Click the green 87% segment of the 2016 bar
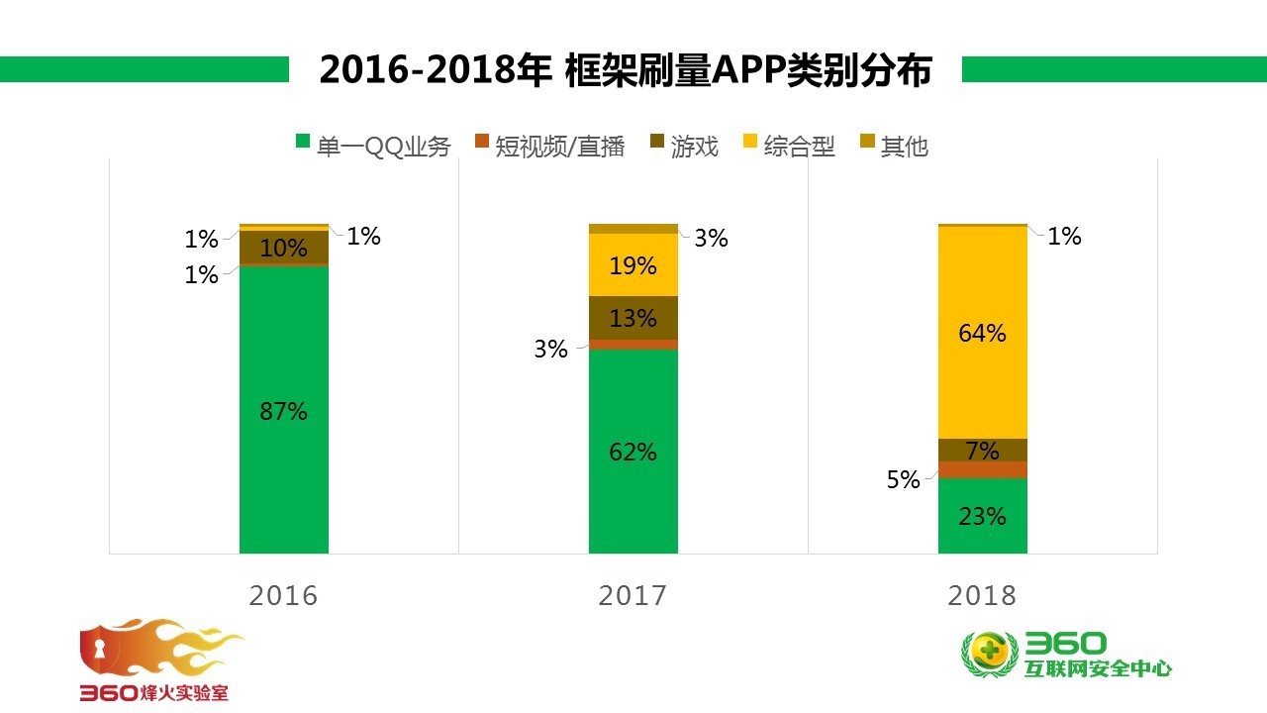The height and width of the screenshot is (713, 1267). point(284,410)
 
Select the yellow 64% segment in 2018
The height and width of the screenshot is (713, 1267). point(983,332)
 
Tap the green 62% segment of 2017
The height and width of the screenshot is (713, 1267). point(633,451)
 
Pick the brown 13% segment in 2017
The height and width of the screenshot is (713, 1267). point(633,318)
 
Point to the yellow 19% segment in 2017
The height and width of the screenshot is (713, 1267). point(633,265)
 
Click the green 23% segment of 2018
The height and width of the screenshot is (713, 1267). point(983,515)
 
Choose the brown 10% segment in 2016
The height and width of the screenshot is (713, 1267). point(284,248)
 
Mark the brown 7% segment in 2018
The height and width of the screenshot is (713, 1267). point(983,450)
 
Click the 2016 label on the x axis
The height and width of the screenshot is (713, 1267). point(284,595)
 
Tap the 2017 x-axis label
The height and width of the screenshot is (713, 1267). point(633,595)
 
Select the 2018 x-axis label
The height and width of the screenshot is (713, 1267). point(983,595)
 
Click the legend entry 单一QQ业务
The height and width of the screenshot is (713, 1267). point(373,147)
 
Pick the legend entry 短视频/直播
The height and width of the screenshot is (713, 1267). point(549,147)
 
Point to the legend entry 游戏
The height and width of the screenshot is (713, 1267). point(683,147)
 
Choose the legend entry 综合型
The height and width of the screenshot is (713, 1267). point(788,147)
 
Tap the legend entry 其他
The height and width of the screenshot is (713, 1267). point(893,147)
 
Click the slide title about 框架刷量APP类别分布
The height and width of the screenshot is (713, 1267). point(626,69)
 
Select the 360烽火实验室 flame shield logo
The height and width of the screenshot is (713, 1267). point(158,660)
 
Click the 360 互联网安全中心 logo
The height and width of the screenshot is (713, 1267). point(1067,655)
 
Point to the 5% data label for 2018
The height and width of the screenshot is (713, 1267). point(903,480)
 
